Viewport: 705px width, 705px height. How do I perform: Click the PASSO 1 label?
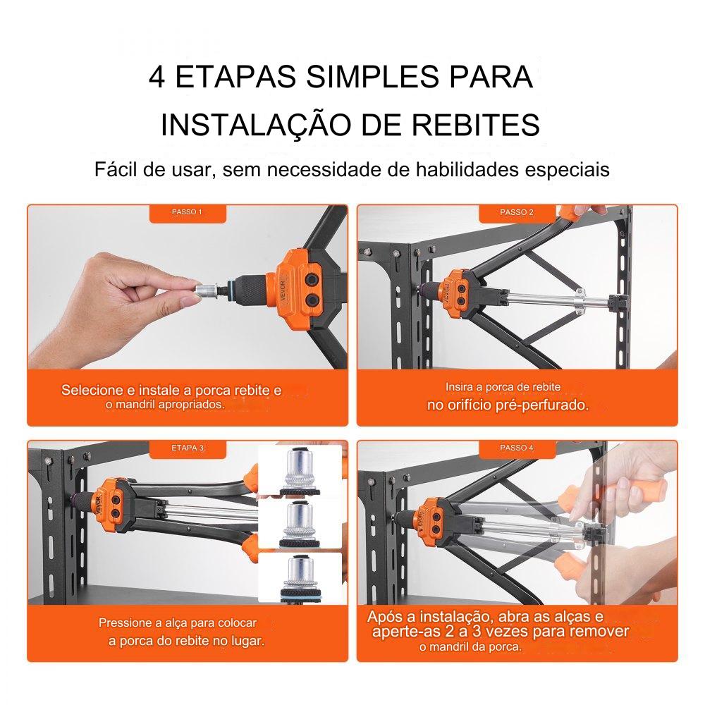tap(187, 211)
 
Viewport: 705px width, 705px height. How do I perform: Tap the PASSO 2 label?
tap(517, 211)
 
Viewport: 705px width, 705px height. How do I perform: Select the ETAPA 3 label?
tap(188, 448)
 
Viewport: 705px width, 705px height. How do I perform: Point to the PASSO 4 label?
tap(517, 448)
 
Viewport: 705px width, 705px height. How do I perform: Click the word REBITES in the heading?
tap(476, 125)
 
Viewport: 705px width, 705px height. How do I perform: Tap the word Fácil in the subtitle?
tap(115, 169)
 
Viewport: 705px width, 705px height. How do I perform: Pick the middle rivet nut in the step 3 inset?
tap(300, 523)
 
